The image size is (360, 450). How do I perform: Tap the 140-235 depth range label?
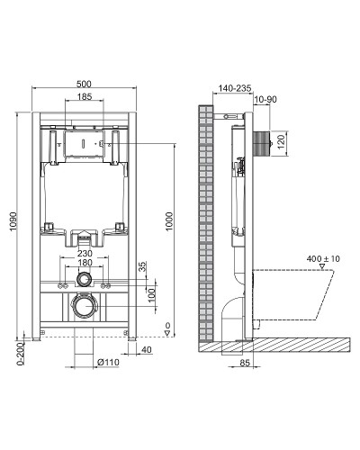click(x=232, y=88)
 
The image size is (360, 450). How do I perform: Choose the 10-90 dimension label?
click(x=265, y=99)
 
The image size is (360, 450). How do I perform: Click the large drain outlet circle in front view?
click(x=83, y=306)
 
